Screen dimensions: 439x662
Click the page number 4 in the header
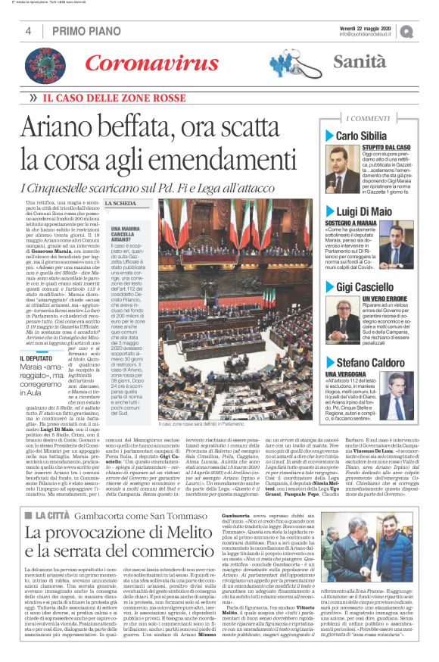[x=29, y=31]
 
